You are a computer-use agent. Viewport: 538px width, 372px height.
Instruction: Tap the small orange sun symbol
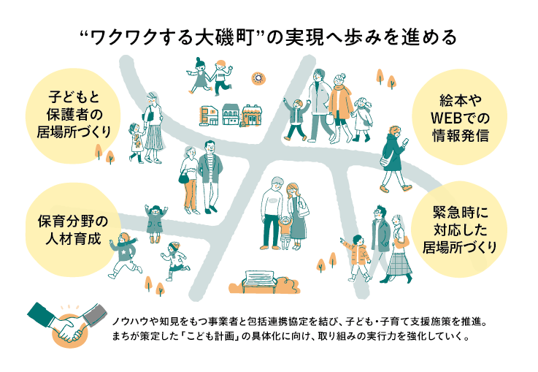tap(256, 77)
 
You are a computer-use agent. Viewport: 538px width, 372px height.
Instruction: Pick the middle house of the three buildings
tap(231, 115)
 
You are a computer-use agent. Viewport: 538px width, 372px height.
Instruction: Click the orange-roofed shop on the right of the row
tap(253, 114)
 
